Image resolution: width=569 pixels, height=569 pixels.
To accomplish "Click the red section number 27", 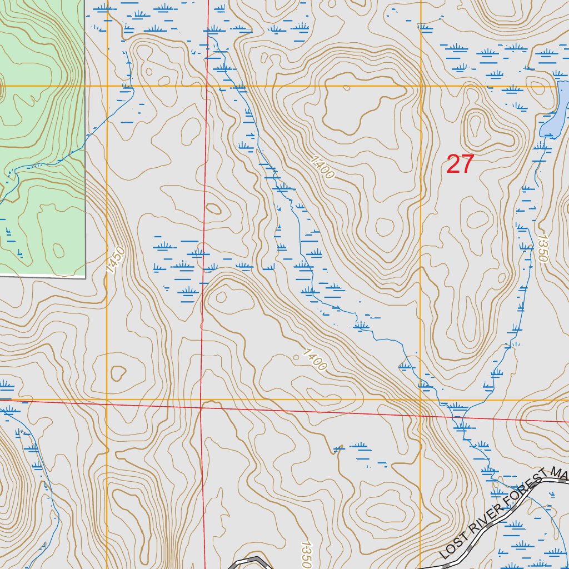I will pos(460,164).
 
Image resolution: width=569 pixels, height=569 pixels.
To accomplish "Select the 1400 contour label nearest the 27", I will pos(323,167).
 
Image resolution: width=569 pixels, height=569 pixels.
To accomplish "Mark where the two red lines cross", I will pos(201,407).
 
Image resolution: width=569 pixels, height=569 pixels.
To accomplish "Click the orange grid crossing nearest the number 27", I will pos(421,87).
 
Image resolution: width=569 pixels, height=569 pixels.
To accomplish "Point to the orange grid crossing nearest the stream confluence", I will pos(421,400).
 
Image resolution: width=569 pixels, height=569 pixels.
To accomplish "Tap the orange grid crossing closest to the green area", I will pos(107,87).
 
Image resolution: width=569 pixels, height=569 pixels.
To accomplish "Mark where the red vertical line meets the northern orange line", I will pos(207,87).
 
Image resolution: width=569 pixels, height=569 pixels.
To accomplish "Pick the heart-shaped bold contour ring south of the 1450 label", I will pos(118,373).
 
